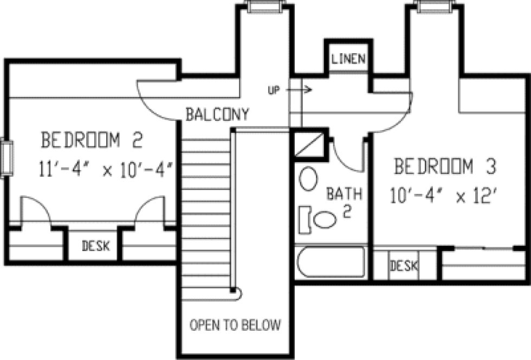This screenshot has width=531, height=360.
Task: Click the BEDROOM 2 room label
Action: click(x=92, y=141)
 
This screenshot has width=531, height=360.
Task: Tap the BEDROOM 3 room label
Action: click(x=445, y=166)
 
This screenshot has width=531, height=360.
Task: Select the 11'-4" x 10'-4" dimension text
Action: click(x=105, y=170)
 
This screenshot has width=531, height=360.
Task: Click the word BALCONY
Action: click(x=217, y=114)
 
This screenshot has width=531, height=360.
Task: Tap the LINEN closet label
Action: click(x=348, y=59)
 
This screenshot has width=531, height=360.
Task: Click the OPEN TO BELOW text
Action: click(x=235, y=325)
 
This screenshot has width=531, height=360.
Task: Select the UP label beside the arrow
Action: click(x=274, y=90)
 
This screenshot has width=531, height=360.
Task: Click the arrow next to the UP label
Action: click(x=304, y=89)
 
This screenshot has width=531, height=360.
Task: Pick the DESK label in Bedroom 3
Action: click(x=404, y=266)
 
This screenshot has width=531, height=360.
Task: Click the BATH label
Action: click(x=344, y=194)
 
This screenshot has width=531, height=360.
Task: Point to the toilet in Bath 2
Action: click(x=319, y=219)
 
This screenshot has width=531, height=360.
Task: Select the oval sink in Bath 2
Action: click(x=309, y=178)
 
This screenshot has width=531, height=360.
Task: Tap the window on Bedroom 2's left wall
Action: click(x=7, y=158)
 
